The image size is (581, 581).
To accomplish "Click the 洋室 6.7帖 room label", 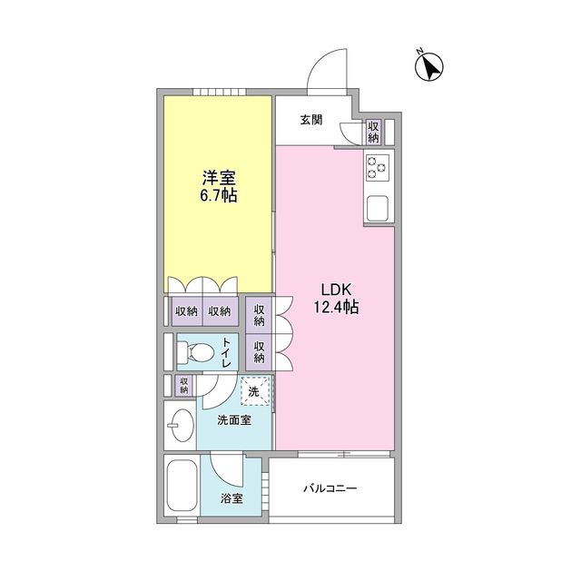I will (x=219, y=186).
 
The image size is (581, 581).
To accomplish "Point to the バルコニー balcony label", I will (x=330, y=489).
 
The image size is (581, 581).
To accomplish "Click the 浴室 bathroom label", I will (x=231, y=498).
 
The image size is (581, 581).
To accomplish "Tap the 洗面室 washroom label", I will (x=233, y=420).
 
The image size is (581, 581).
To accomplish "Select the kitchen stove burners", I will (x=377, y=167).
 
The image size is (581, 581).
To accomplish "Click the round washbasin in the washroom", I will (x=181, y=425).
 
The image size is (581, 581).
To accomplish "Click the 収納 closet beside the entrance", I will (x=373, y=133).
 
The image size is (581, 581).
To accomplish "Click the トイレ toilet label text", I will (x=227, y=351).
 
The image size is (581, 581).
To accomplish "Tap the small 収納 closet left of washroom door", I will (x=183, y=385).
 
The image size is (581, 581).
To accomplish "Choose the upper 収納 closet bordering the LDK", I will (x=259, y=314).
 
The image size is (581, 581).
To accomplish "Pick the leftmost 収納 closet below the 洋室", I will (x=186, y=311).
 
